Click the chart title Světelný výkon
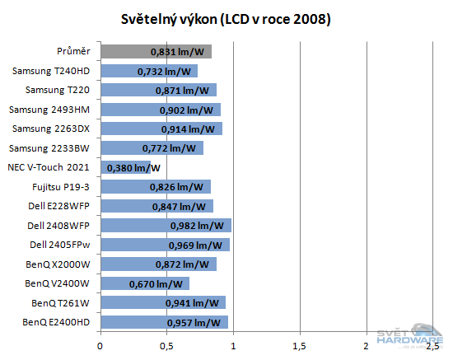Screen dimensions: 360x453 pos(226,19)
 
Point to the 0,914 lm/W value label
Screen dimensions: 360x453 pos(189,129)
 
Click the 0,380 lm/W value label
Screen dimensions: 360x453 pos(133,168)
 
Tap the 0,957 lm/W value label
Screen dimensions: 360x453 pos(195,322)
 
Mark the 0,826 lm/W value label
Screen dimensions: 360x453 pos(177,187)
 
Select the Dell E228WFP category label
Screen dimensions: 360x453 pos(62,206)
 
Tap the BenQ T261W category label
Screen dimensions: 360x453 pos(63,302)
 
